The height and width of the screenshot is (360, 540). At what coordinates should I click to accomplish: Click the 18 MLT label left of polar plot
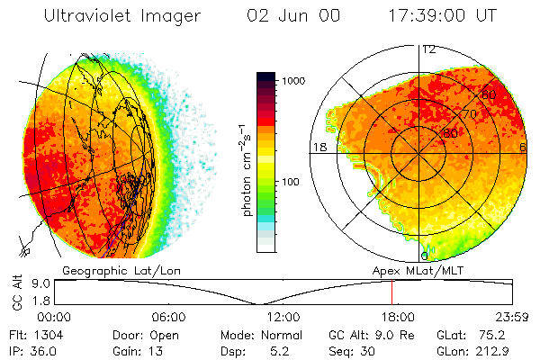click(x=318, y=148)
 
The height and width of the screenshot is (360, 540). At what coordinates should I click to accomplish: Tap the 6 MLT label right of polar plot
click(x=523, y=148)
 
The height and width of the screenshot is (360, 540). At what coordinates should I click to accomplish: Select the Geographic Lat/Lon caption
click(x=115, y=269)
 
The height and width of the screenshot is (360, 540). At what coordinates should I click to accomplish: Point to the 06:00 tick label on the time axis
click(x=169, y=317)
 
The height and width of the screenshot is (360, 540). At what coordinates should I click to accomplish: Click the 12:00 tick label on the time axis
click(x=283, y=317)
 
